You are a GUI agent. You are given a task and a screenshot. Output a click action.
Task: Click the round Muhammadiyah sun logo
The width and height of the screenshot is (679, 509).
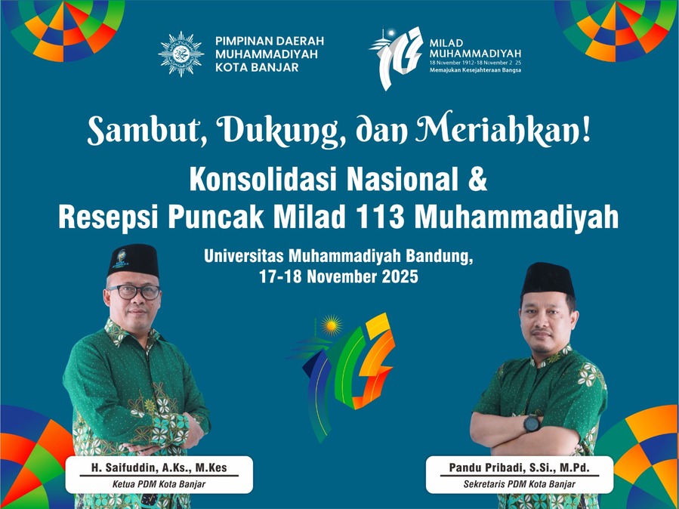click(181, 54)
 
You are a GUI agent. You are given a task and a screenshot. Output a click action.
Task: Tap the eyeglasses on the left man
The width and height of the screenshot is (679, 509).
click(134, 292)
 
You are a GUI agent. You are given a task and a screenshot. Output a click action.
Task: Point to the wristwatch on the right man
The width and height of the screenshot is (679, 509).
click(532, 424)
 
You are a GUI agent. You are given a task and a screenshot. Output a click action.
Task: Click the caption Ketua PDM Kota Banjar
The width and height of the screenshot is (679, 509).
click(159, 484)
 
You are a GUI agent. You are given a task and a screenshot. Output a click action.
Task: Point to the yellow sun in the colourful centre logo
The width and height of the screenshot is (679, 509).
click(331, 326)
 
